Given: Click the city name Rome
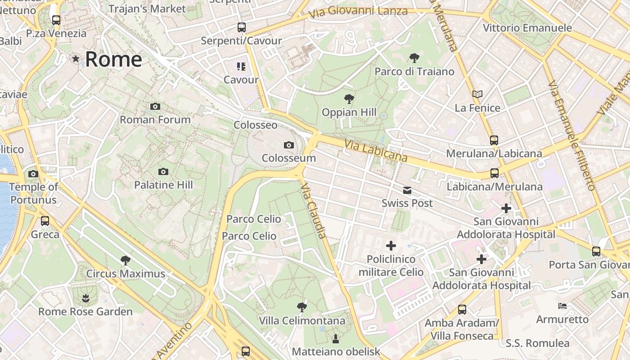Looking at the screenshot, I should point(113,59).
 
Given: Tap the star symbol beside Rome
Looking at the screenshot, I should point(76,58).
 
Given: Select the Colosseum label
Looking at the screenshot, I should point(289,158).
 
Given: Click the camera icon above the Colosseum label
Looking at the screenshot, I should point(289,145).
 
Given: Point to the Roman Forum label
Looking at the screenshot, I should point(155,120).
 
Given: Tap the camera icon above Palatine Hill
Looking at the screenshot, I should point(163,171).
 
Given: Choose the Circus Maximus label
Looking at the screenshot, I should point(126,274).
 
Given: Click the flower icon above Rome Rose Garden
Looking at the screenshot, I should point(85,297).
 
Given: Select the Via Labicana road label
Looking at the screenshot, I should point(376,151).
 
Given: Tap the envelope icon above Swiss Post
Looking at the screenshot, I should point(407,190).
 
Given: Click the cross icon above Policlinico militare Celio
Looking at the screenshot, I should point(391,246).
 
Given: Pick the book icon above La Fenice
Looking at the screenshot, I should point(477,94).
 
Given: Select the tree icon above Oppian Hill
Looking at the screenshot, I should point(349,99).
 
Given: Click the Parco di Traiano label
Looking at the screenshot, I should point(414,72).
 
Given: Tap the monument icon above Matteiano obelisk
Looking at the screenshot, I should point(335,338).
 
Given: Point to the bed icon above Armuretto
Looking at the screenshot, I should point(562,306).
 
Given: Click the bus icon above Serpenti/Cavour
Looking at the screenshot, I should point(242,27).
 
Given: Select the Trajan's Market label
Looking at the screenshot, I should point(147,9).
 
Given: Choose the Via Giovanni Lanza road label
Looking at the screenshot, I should point(358,12).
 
